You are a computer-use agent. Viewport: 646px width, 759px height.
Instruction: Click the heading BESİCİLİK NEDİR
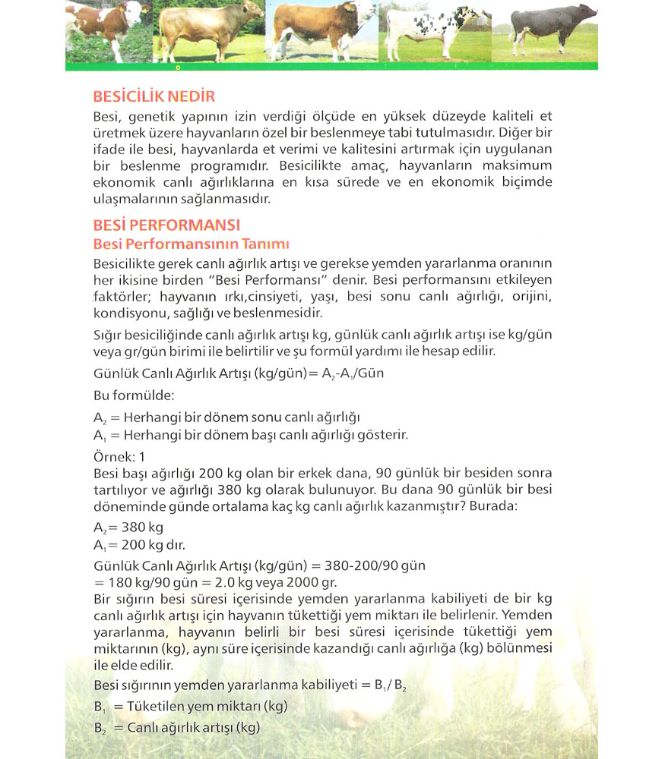[154, 97]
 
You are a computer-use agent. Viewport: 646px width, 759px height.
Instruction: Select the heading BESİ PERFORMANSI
[166, 225]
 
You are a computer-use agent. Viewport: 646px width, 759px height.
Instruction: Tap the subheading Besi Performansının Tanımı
[192, 244]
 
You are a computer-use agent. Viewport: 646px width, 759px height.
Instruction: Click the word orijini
[529, 296]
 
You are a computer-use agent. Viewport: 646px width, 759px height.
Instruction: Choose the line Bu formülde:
[123, 396]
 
